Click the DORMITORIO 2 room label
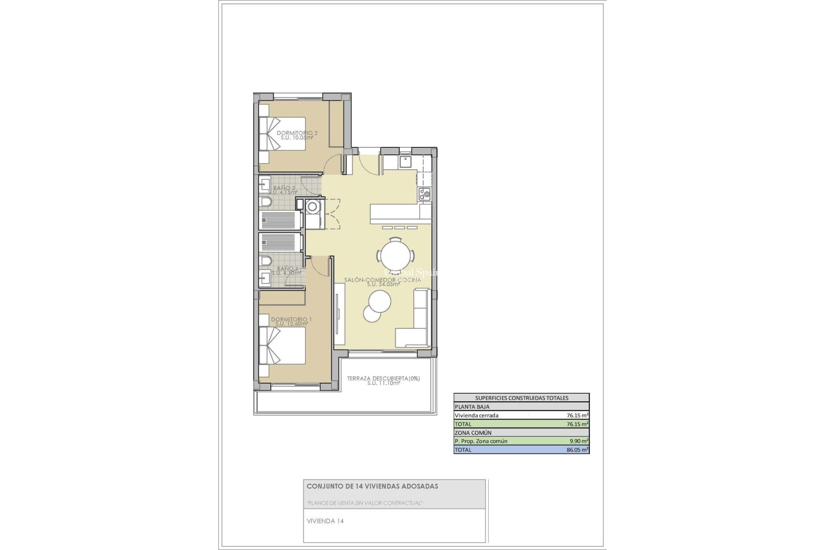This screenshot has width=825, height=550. [x=297, y=133]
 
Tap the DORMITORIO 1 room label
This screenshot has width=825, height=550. [x=291, y=320]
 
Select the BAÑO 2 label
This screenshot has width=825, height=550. [x=284, y=188]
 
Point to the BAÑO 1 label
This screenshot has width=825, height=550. [x=287, y=269]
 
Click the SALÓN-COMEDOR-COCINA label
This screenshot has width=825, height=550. [x=382, y=280]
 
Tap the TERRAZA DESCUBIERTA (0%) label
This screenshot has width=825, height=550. [x=383, y=379]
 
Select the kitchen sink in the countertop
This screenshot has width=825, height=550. [x=405, y=162]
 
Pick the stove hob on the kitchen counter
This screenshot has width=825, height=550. [x=425, y=194]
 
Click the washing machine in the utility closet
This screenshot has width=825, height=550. [x=312, y=207]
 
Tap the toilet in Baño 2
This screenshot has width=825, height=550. [x=266, y=202]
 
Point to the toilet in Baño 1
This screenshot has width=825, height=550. [x=266, y=261]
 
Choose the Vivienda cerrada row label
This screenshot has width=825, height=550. [x=477, y=416]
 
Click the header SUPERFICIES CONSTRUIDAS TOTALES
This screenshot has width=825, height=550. [x=521, y=398]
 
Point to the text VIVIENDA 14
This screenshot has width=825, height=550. [x=325, y=521]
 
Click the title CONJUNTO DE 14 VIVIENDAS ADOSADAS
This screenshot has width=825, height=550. [x=372, y=486]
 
